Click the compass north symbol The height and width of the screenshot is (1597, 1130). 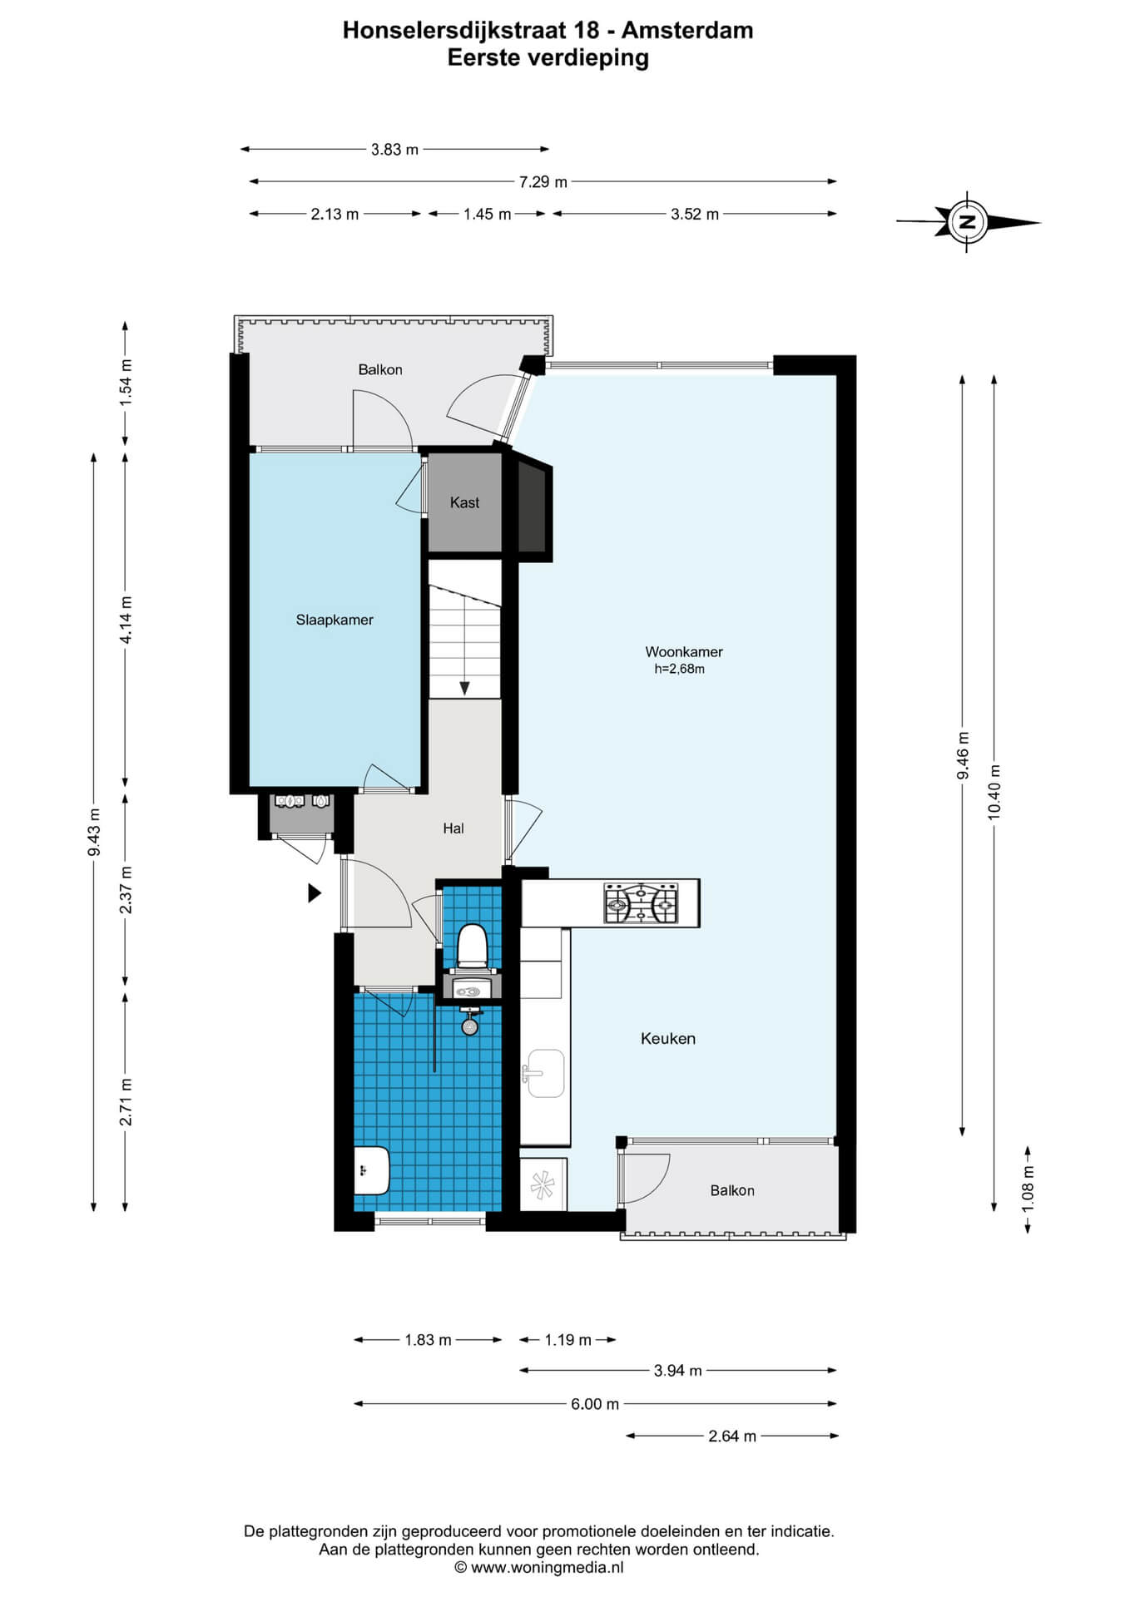point(967,222)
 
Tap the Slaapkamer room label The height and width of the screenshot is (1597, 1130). point(335,620)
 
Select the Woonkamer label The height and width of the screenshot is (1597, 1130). point(684,652)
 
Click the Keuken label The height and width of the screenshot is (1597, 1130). point(668,1038)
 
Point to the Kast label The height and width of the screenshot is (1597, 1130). point(464,502)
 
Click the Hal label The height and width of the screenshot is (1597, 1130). point(453,828)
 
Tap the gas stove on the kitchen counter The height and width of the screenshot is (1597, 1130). point(642,903)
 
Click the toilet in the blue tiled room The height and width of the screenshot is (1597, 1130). point(472,947)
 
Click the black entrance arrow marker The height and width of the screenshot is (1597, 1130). point(315,893)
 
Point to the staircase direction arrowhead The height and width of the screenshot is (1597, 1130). point(464,689)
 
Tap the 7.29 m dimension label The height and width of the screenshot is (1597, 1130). point(543,181)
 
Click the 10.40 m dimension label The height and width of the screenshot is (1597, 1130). point(994,791)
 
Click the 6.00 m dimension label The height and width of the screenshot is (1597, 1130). point(595,1404)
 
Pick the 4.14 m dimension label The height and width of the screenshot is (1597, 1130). point(126,620)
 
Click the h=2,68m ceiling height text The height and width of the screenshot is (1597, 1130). point(680,669)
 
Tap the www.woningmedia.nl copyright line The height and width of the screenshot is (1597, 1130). point(539,1568)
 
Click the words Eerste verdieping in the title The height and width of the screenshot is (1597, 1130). point(548,57)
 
